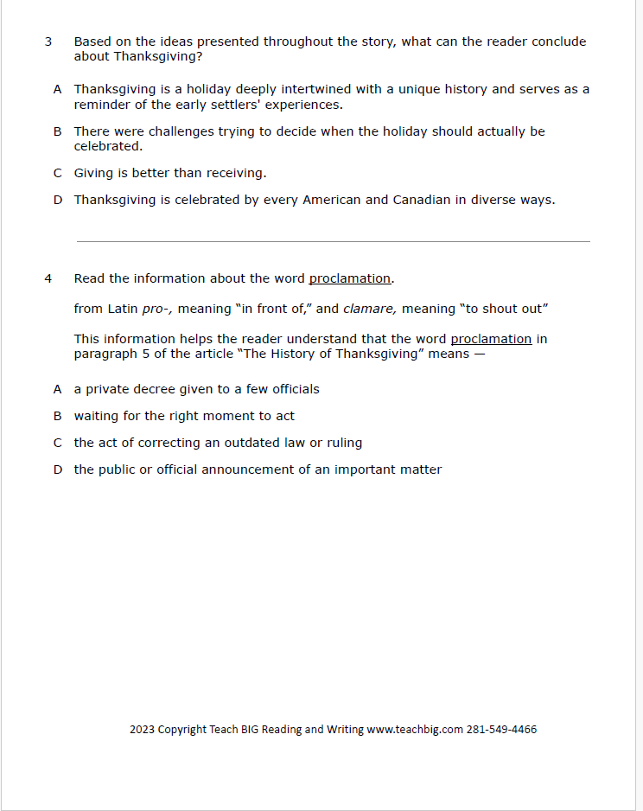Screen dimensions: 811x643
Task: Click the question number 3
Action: click(x=48, y=42)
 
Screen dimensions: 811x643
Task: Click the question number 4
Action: click(x=48, y=278)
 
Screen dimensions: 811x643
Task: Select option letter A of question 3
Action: click(x=57, y=89)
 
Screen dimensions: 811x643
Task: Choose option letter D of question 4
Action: click(x=57, y=469)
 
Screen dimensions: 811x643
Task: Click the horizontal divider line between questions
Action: click(x=333, y=241)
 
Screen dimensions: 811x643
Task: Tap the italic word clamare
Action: click(x=370, y=309)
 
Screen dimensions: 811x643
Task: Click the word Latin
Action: click(x=123, y=309)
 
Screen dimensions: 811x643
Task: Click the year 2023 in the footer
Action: click(x=142, y=729)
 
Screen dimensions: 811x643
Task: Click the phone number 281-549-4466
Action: click(x=501, y=729)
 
